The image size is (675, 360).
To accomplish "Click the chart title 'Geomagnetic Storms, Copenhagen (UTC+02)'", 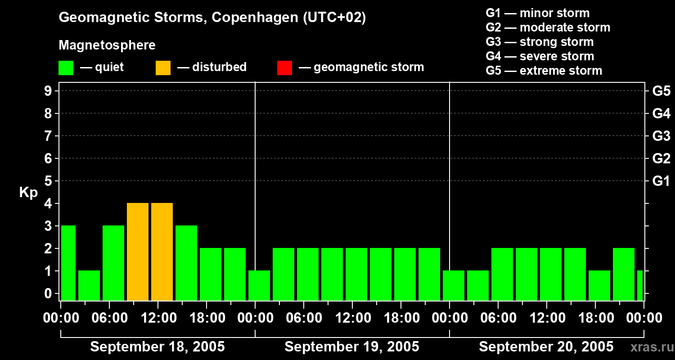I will click(x=212, y=18).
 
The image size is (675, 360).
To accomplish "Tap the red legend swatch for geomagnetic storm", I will click(x=284, y=67).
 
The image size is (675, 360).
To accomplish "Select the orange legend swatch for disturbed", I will click(x=163, y=67).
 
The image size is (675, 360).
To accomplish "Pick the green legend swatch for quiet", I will click(x=66, y=67).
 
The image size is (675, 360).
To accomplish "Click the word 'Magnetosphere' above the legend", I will click(x=107, y=45).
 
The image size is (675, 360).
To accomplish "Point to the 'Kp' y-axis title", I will click(x=28, y=193).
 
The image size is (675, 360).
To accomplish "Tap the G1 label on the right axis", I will click(x=661, y=181).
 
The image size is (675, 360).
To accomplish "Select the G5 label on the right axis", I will click(x=661, y=91).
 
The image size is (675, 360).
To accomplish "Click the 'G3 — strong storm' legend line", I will click(x=540, y=42).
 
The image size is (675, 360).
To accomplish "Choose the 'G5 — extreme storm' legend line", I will click(x=544, y=71).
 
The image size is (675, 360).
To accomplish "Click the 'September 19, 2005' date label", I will click(x=352, y=347).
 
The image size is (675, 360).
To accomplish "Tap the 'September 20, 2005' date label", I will click(x=546, y=347).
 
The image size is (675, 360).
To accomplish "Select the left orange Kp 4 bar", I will click(x=138, y=252).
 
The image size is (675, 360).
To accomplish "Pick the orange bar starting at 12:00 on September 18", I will click(x=162, y=252).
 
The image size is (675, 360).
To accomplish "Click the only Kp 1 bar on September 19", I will click(x=259, y=285).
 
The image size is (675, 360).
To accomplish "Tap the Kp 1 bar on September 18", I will click(x=89, y=285).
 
